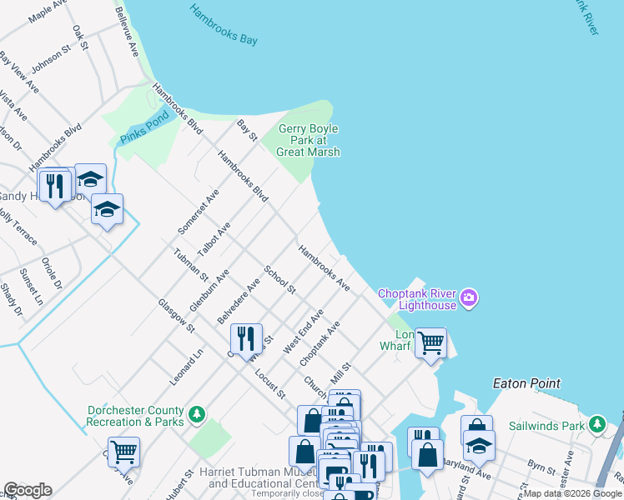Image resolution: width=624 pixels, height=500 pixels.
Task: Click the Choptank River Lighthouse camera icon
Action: click(x=468, y=298)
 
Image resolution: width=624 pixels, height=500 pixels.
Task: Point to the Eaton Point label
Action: click(x=526, y=383)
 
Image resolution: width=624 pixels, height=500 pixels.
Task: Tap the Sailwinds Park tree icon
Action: click(x=596, y=425)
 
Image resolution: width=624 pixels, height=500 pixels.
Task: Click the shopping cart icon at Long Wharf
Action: click(x=430, y=342)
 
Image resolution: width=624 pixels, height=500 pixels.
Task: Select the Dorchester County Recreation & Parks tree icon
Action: click(x=197, y=414)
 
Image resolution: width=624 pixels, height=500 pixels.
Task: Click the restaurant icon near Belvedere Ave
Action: click(x=246, y=337)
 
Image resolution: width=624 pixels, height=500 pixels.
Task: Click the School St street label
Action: click(x=279, y=280)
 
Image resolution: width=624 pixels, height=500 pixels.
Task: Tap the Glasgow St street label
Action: click(x=175, y=316)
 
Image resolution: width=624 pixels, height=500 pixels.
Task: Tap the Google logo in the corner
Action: click(x=27, y=490)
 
